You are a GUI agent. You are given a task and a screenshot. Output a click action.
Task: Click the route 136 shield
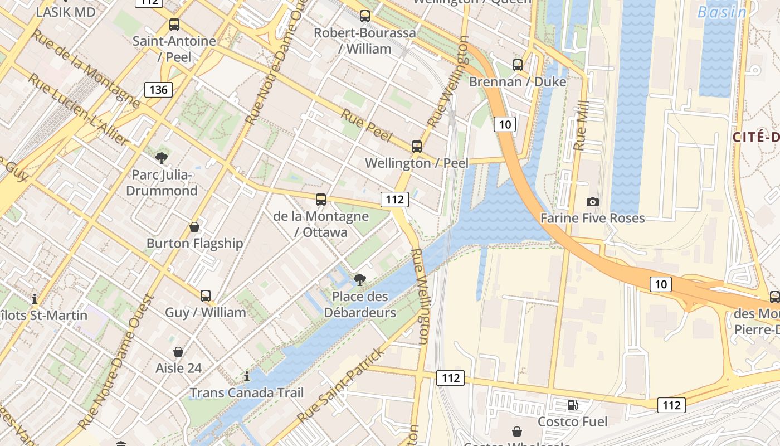(158, 89)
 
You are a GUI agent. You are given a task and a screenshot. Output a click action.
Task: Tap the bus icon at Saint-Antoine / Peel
(174, 25)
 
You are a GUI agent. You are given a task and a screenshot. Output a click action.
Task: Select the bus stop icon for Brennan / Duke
(518, 65)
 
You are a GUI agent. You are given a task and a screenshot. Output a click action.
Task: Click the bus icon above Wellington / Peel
(417, 147)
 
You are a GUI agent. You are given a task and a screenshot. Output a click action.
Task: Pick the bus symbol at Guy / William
(206, 296)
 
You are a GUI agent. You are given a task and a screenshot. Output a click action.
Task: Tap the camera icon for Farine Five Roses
(593, 202)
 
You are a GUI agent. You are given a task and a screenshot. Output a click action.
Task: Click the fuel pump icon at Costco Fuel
(572, 405)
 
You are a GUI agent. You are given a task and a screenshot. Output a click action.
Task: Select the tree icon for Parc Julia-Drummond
(162, 158)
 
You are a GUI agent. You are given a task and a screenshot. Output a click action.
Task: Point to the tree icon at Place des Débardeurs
(360, 280)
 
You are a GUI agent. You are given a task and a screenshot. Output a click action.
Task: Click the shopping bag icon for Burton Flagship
(194, 227)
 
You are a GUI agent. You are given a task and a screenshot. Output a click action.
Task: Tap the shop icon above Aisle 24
(178, 352)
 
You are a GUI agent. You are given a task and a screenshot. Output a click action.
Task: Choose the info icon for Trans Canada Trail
(247, 377)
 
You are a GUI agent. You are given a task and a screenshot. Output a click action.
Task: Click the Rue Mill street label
(581, 125)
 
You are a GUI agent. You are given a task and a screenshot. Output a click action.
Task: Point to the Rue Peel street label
(367, 125)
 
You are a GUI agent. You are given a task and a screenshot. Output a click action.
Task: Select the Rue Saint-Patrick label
(341, 385)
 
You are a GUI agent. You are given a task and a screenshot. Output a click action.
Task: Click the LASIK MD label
(66, 12)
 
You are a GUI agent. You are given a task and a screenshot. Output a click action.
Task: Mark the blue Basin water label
(722, 12)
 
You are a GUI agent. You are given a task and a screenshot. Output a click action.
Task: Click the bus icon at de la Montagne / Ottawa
(321, 200)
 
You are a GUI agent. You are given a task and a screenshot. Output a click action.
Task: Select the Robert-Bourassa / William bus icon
(365, 16)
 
